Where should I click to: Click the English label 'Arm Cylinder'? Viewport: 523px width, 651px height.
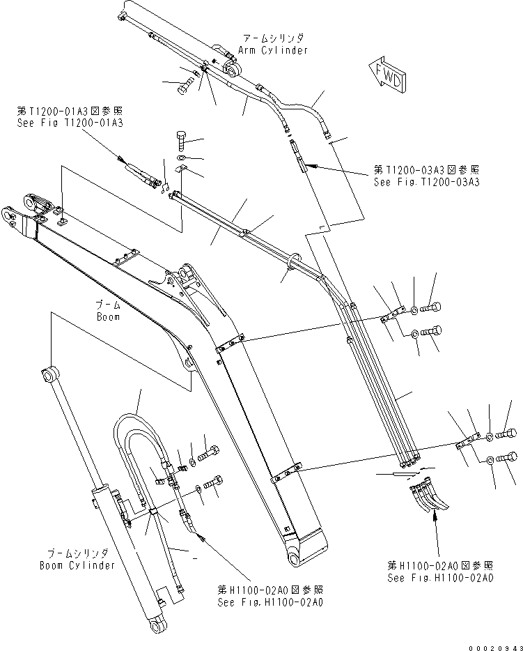[x=272, y=50]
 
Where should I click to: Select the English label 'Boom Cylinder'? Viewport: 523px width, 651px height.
[x=77, y=565]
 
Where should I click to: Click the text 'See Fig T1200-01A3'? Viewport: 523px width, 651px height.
[x=70, y=123]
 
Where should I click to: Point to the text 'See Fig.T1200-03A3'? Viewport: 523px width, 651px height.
[x=426, y=183]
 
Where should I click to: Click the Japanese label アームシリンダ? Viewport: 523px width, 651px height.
[x=272, y=38]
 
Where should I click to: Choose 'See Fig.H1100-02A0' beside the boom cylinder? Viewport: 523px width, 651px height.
[x=270, y=602]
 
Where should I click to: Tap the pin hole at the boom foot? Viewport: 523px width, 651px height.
[x=292, y=560]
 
